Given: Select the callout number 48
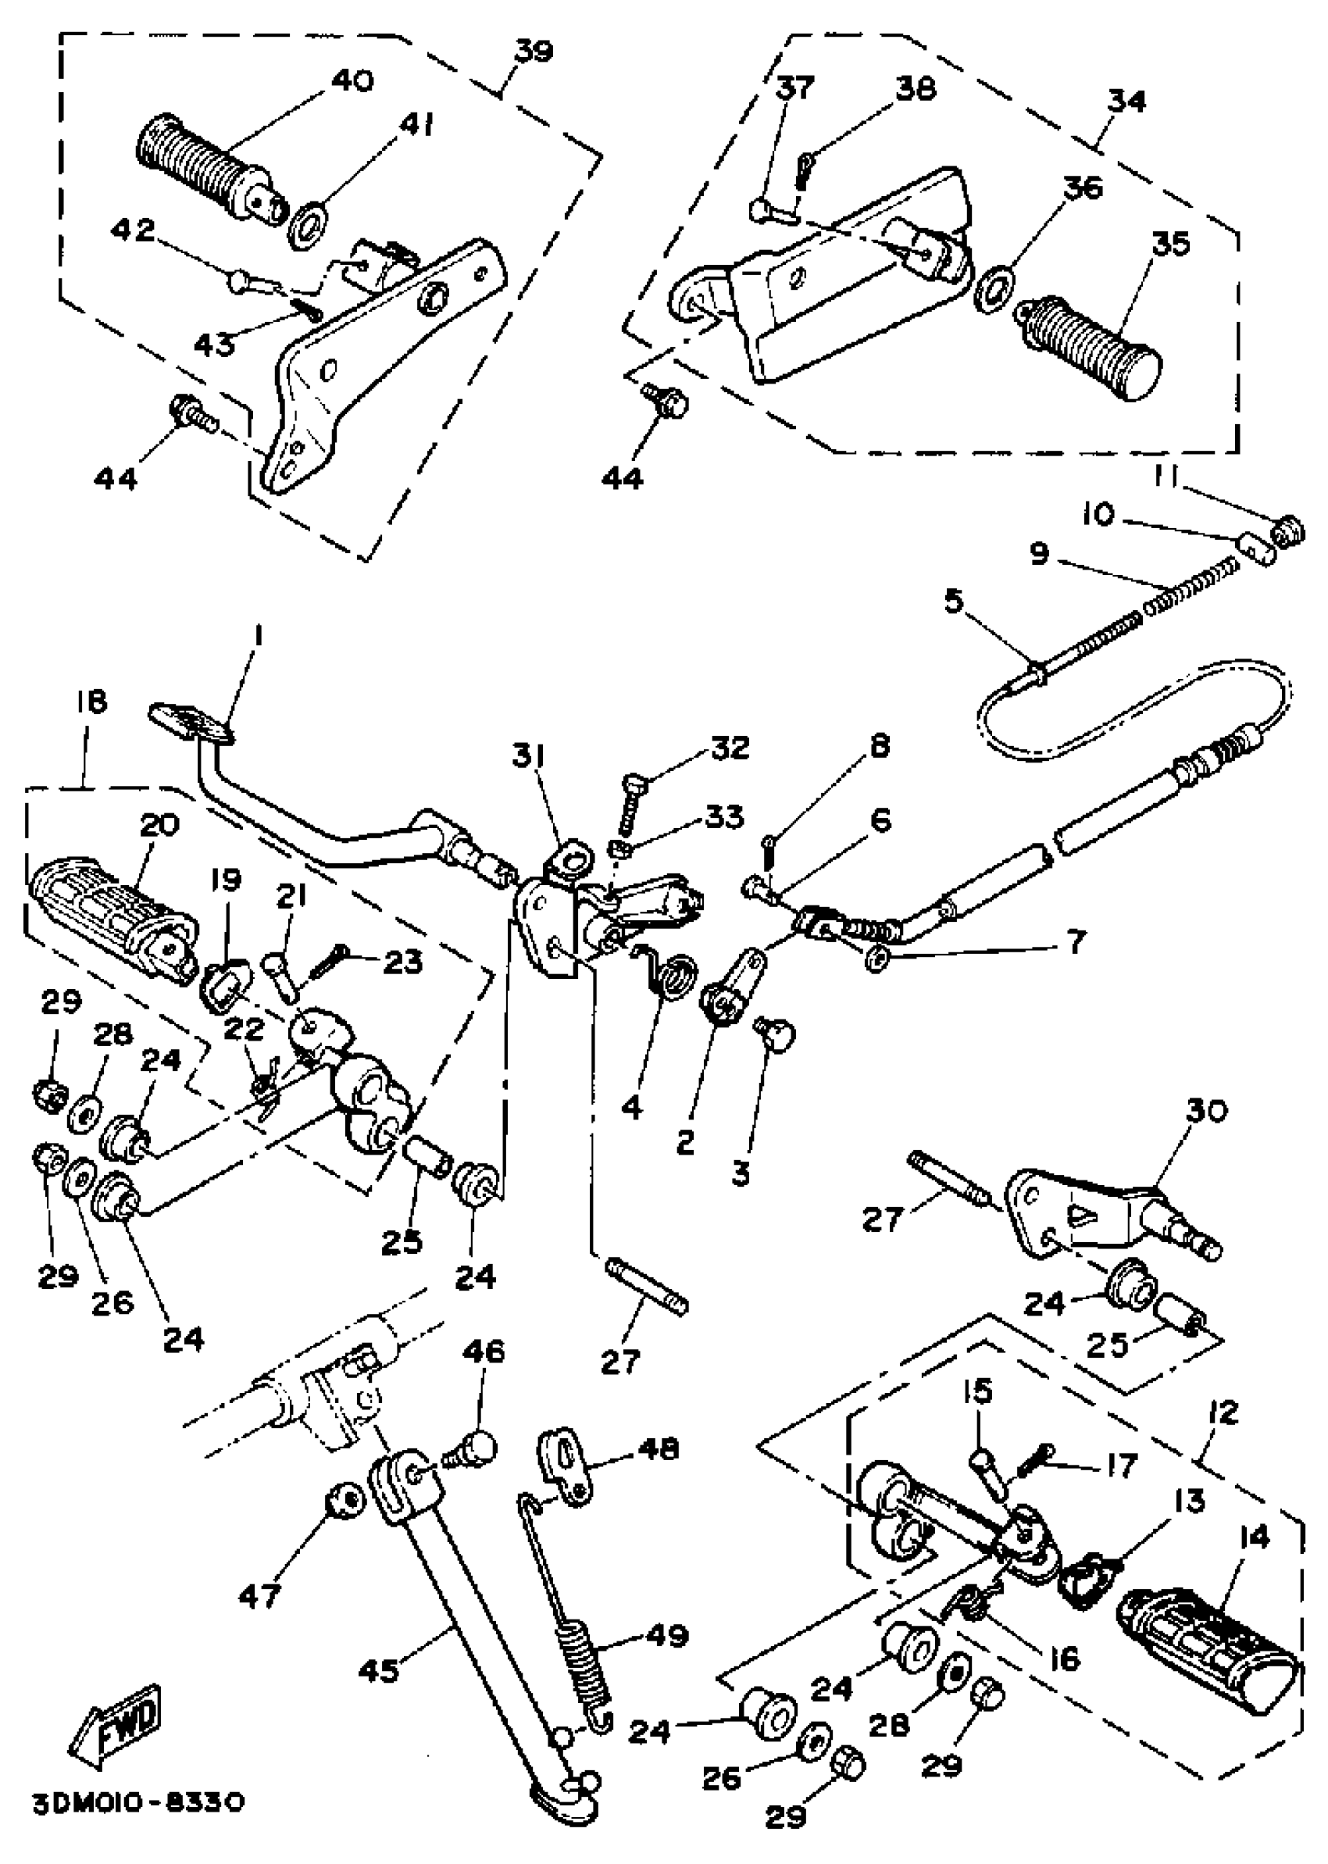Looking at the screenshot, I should (659, 1449).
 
